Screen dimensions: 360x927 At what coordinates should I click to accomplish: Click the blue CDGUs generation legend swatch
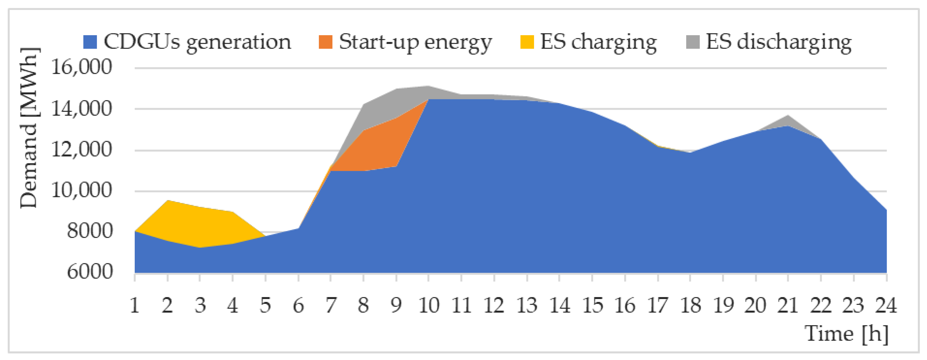(90, 42)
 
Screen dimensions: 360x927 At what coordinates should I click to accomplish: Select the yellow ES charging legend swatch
(527, 42)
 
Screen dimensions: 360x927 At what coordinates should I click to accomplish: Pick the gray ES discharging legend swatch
(693, 42)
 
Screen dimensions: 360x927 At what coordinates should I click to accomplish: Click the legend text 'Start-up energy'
(415, 42)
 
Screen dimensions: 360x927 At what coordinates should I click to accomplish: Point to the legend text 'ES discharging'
(779, 42)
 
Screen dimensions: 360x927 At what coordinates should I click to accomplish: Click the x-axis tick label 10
(428, 306)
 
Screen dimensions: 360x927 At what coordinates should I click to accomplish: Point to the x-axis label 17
(658, 306)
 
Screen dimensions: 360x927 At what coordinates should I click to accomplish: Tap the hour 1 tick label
(135, 306)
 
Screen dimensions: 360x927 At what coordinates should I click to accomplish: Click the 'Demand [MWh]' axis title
(29, 128)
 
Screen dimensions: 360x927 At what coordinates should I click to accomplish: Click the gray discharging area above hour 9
(396, 103)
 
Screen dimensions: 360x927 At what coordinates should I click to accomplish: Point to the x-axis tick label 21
(788, 306)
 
